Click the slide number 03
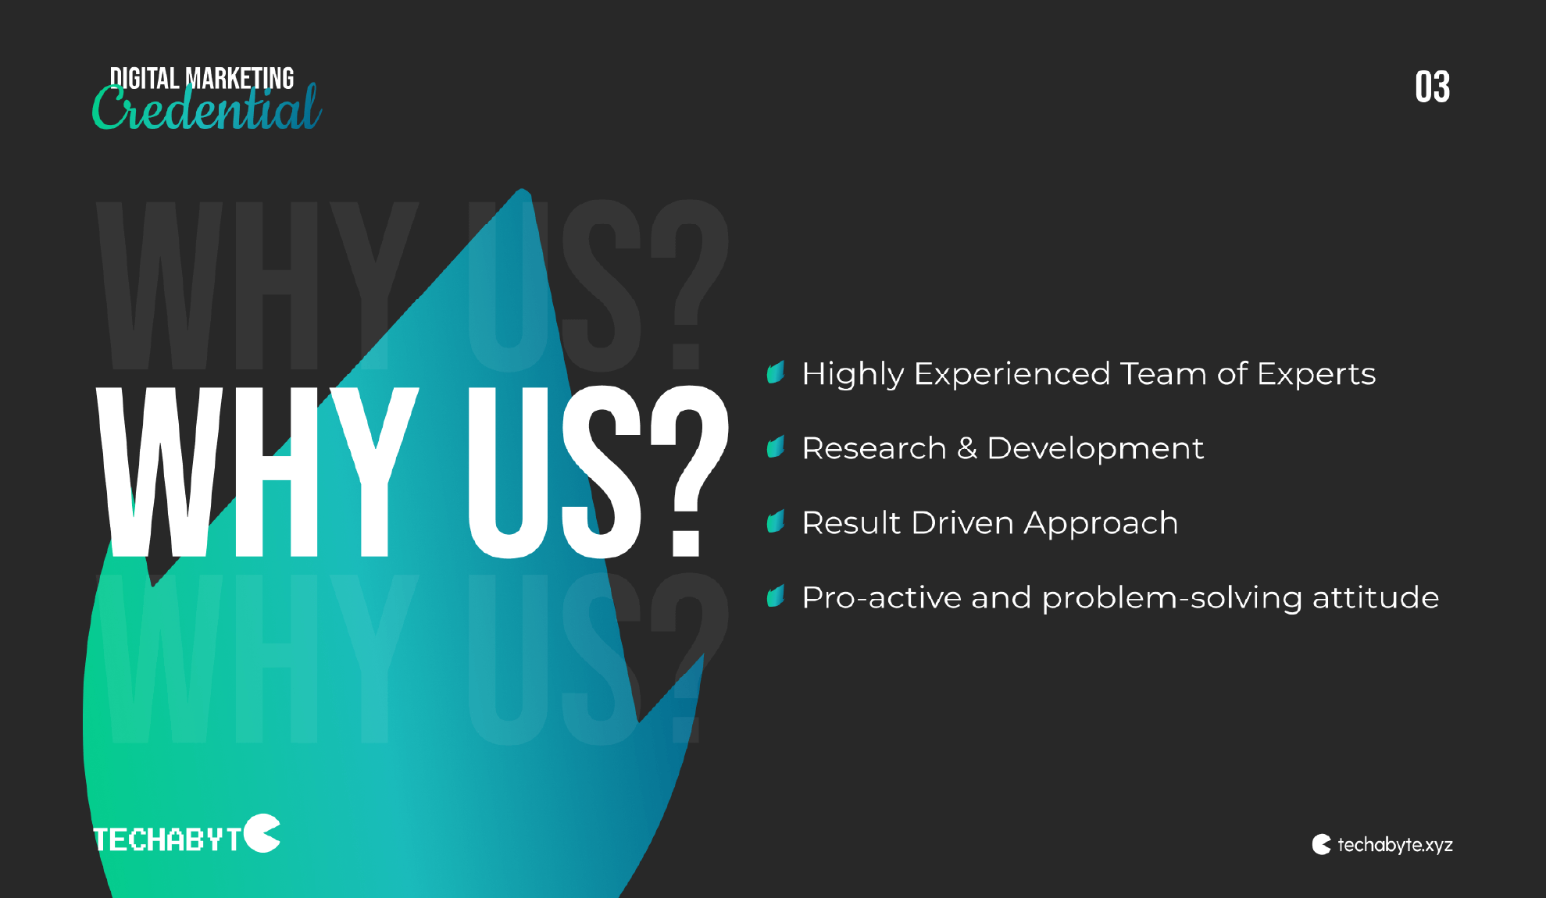click(x=1432, y=87)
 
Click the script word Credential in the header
click(x=207, y=108)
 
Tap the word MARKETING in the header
click(x=240, y=79)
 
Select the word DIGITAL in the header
click(x=145, y=79)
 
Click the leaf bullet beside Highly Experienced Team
click(x=776, y=372)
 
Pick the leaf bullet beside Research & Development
click(x=776, y=447)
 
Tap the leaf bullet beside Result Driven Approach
click(x=776, y=522)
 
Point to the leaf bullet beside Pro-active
click(x=776, y=597)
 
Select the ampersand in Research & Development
click(x=967, y=448)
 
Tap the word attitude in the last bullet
click(x=1376, y=598)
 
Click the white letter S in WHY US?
click(x=602, y=472)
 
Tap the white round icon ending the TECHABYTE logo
click(x=262, y=833)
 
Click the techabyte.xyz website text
click(x=1395, y=845)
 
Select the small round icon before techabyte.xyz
click(x=1322, y=844)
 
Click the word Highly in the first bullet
click(x=853, y=375)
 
